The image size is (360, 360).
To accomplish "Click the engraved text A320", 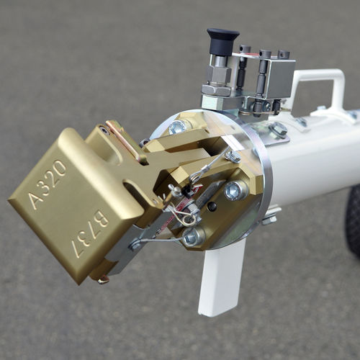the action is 48,184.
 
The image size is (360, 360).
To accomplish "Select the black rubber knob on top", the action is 223,40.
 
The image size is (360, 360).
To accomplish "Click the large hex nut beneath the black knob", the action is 216,89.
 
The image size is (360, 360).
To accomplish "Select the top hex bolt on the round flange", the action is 178,127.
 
